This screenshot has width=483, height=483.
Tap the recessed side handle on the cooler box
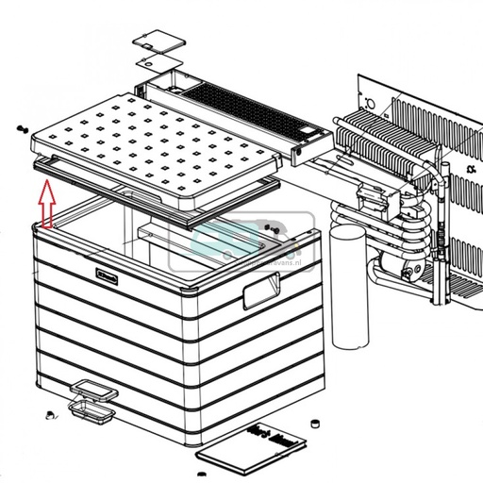point(263,295)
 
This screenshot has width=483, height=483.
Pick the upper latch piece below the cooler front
point(91,388)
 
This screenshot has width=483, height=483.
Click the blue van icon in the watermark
point(216,239)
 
